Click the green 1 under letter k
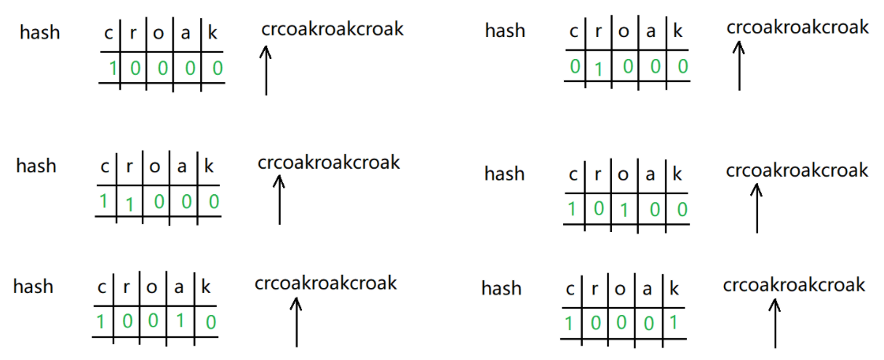[x=673, y=322]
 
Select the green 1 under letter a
[x=180, y=321]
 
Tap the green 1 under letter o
[x=624, y=210]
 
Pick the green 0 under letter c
[x=575, y=66]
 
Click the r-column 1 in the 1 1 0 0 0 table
[x=129, y=204]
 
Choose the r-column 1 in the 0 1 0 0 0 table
[x=598, y=70]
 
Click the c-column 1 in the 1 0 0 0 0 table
[x=113, y=68]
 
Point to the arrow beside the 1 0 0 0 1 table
[x=775, y=324]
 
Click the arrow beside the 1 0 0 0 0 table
[x=266, y=71]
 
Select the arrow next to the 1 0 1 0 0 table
[x=757, y=208]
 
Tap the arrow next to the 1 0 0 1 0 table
[x=296, y=322]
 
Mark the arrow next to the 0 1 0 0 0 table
[x=738, y=66]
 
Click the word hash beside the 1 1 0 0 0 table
[x=36, y=166]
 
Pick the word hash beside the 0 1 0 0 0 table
[x=505, y=31]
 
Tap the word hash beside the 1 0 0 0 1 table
[x=501, y=288]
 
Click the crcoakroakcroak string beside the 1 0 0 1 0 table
[x=325, y=283]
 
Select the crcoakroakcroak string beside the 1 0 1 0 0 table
[x=797, y=170]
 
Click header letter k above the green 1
[x=674, y=289]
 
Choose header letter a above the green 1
[x=179, y=287]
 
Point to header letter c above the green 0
[x=574, y=31]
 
